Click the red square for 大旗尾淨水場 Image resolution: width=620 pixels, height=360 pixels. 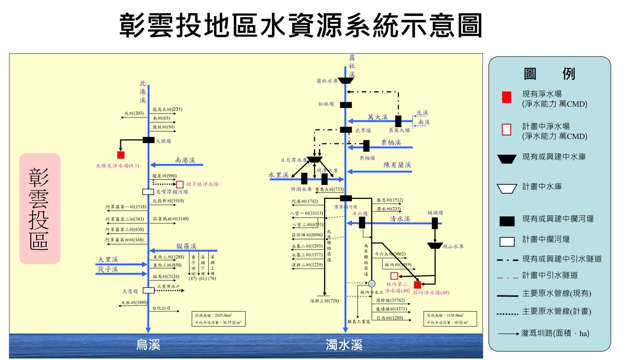tap(121, 155)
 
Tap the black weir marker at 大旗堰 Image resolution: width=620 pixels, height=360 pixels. tap(149, 140)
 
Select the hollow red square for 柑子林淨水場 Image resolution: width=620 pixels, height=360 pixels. tap(180, 184)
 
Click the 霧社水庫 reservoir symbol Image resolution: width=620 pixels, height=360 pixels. tap(346, 81)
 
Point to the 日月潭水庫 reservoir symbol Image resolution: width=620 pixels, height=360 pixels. tap(315, 159)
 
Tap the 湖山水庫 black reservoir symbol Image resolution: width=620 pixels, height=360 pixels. tap(434, 246)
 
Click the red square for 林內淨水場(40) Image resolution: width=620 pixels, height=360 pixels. tap(417, 284)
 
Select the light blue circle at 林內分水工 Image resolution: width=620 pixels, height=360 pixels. tap(372, 283)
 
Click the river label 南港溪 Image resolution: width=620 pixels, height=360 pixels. tap(185, 160)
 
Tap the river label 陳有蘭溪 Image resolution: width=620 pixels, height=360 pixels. tap(397, 165)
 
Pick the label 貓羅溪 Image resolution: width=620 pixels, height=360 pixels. tap(186, 246)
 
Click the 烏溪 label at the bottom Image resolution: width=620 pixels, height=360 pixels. tap(148, 345)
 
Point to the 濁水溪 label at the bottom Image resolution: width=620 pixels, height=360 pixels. tap(344, 345)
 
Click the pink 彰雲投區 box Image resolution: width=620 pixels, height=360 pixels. tap(39, 209)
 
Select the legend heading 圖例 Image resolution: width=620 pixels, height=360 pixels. tap(549, 74)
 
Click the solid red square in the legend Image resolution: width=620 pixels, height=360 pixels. tap(506, 98)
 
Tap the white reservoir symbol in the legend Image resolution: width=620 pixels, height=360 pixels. tap(507, 188)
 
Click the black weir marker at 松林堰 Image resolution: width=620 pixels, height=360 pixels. tap(346, 105)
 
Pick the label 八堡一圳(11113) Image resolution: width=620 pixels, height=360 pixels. tap(307, 214)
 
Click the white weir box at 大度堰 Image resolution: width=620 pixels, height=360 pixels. tap(149, 290)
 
